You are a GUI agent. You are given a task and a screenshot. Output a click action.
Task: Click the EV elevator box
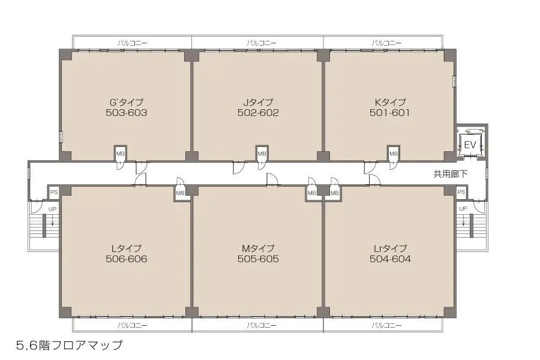coord(470,145)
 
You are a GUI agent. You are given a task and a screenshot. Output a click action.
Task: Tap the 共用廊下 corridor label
coord(451,174)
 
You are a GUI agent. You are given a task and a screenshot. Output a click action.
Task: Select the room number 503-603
coord(126,112)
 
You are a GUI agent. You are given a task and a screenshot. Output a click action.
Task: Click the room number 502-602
coord(258,112)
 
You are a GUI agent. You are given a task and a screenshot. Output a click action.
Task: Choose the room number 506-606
coord(126,259)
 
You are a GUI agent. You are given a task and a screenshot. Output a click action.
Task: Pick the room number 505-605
coord(258,259)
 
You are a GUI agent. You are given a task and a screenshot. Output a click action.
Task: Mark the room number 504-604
coord(390,259)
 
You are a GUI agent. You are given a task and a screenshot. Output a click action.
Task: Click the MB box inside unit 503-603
coord(120,154)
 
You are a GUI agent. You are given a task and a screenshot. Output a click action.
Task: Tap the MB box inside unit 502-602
coord(262,154)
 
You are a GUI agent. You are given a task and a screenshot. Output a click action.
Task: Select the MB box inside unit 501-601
coord(394,154)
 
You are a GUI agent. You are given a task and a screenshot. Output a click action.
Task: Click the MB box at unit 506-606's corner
coord(180,193)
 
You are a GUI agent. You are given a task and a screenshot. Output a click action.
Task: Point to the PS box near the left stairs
coord(53,193)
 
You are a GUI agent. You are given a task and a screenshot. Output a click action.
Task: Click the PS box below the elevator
coord(461,192)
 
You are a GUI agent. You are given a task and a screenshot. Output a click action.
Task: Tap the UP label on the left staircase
coord(52,208)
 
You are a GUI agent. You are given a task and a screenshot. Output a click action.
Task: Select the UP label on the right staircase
coord(463,208)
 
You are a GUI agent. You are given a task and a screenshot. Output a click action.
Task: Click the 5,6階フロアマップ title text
coord(70,345)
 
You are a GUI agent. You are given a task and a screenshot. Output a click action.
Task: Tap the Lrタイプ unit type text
coord(390,248)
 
